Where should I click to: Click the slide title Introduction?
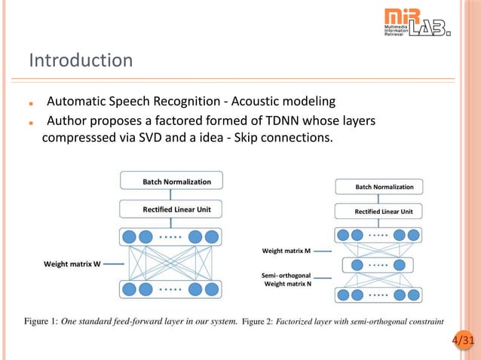coord(81,60)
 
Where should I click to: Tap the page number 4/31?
coord(464,341)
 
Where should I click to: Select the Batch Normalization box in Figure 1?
coord(177,182)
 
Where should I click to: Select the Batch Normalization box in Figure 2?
coord(384,186)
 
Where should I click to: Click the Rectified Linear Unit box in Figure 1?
coord(177,209)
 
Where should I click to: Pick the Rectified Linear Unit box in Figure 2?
coord(384,212)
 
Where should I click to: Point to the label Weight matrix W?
coord(72,264)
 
